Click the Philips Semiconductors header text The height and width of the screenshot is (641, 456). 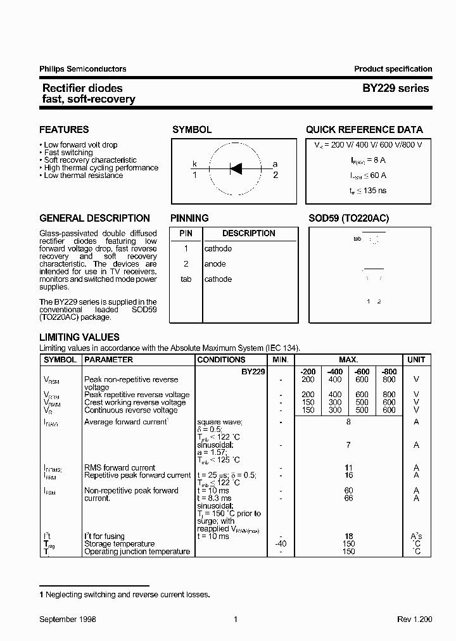(83, 69)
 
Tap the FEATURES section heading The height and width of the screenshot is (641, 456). (64, 130)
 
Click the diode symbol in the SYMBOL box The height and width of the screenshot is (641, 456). (235, 168)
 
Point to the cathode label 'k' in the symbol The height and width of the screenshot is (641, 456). (195, 164)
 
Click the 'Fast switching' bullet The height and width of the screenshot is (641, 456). (68, 153)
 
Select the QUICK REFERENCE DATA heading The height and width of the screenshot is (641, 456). (364, 130)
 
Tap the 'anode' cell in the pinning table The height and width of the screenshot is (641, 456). (215, 264)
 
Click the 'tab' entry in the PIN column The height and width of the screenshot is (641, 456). (186, 279)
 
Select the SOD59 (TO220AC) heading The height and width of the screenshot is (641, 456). (348, 218)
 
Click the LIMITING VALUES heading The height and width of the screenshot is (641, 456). (79, 338)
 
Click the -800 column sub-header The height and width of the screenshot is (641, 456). (389, 371)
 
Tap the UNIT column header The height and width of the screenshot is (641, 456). (416, 360)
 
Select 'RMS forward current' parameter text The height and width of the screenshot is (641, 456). (120, 468)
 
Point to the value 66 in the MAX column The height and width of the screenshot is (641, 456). (348, 498)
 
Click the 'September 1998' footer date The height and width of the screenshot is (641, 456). (68, 619)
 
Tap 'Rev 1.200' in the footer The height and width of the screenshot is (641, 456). (415, 619)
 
